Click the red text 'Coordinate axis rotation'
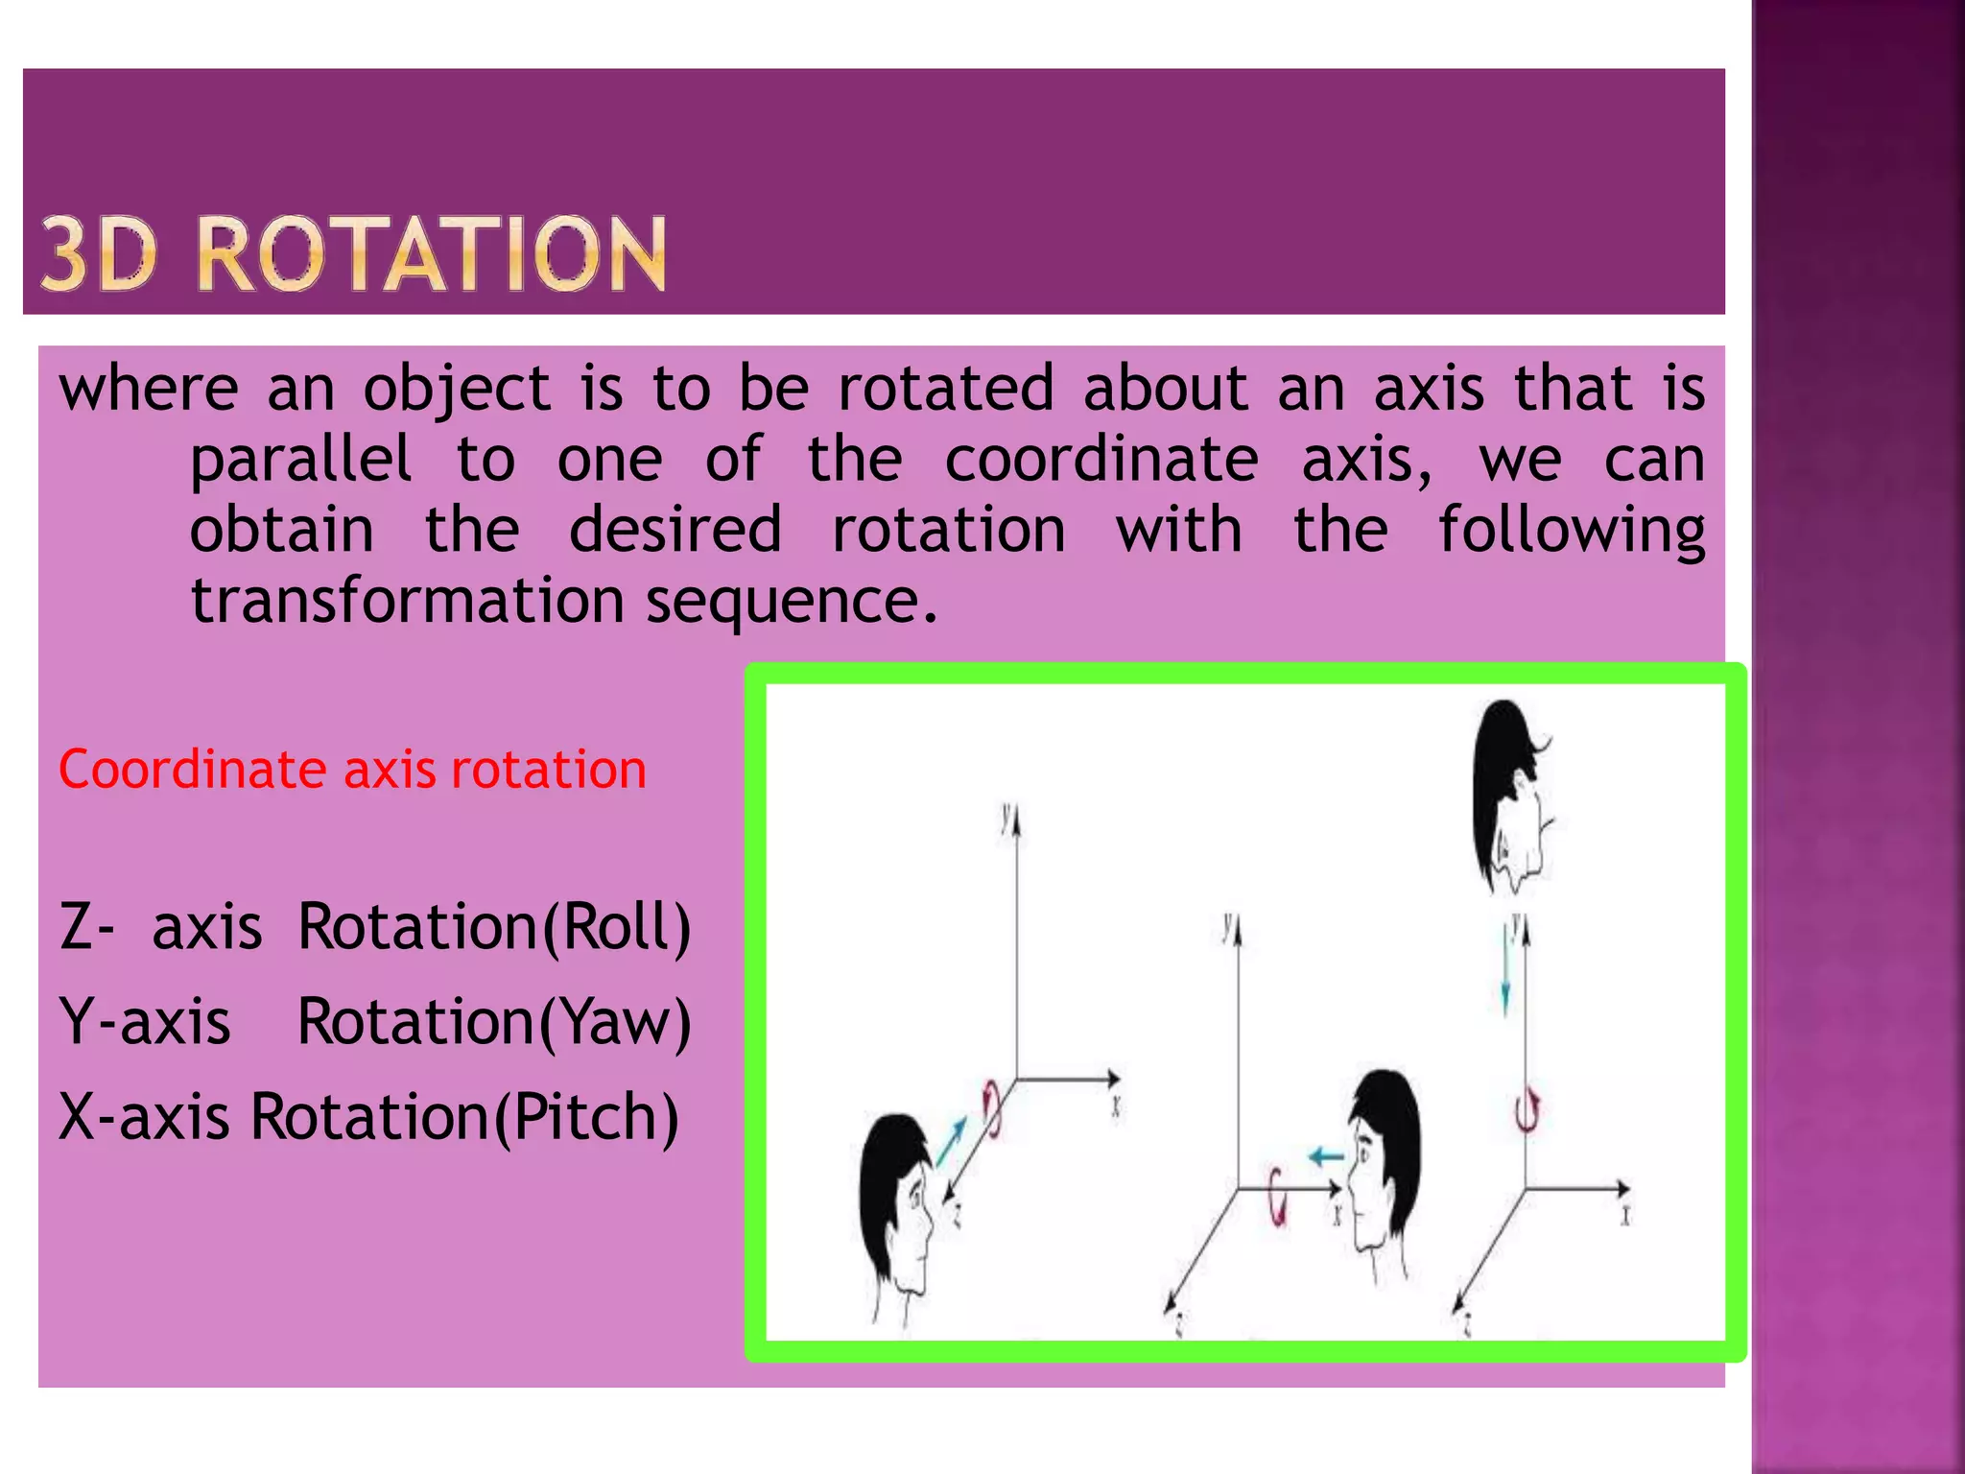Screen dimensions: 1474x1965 tap(352, 770)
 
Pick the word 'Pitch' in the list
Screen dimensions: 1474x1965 tap(586, 1117)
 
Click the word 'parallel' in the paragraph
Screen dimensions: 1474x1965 tap(300, 460)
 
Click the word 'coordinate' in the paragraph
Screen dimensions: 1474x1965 tap(1101, 460)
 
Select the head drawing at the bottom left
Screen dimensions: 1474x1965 tap(896, 1209)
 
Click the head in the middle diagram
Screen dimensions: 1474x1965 tap(1383, 1161)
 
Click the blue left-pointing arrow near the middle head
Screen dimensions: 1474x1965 tap(1327, 1156)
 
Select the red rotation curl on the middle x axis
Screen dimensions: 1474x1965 tap(1277, 1197)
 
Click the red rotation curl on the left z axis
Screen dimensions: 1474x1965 tap(992, 1107)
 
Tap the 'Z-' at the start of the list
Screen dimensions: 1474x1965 tap(86, 927)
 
